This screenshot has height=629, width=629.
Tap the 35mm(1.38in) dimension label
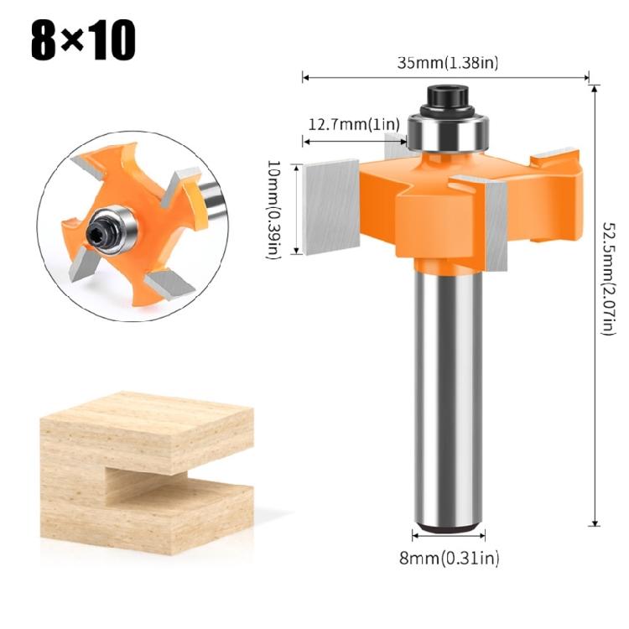447,62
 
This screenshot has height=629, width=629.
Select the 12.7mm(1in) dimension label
352,124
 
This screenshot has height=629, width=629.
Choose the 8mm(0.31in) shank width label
449,555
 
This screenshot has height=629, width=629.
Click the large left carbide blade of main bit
332,206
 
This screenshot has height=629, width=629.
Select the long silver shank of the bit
449,394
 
